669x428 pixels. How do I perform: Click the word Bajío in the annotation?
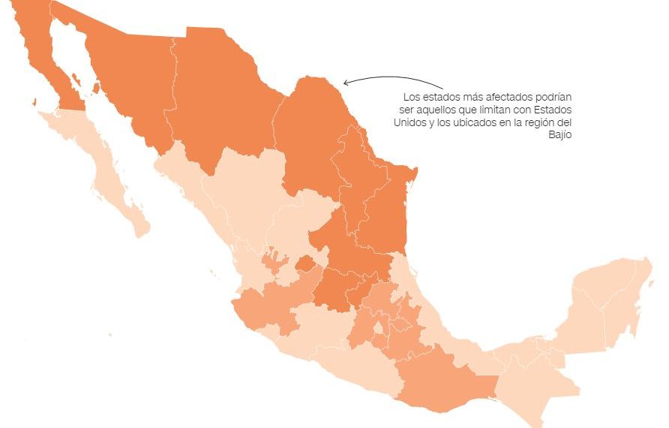tap(559, 134)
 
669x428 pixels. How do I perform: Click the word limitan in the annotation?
tap(489, 110)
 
